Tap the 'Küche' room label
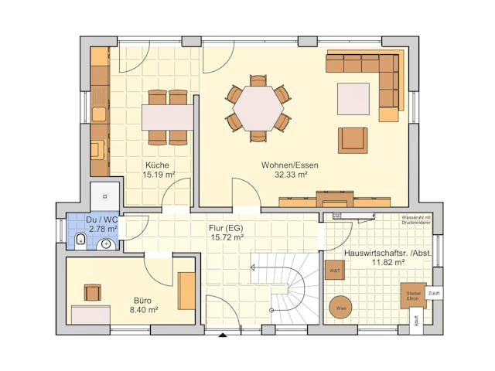tap(158, 165)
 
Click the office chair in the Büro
tap(92, 292)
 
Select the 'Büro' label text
tap(142, 300)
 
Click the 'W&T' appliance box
tap(335, 271)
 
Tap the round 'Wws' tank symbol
tap(340, 307)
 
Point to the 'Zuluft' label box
tap(434, 294)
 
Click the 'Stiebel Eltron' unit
tap(413, 295)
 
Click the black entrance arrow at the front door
tap(223, 335)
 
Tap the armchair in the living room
tap(352, 140)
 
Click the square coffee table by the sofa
tap(353, 99)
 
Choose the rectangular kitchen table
tap(167, 117)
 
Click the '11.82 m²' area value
tap(388, 263)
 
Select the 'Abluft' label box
tap(418, 321)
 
